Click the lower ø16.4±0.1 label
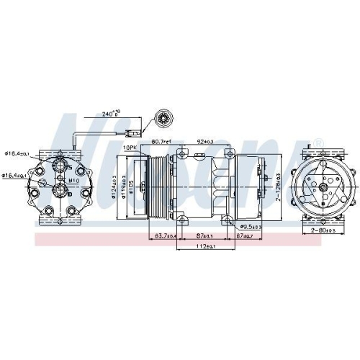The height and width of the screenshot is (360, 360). point(14,175)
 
